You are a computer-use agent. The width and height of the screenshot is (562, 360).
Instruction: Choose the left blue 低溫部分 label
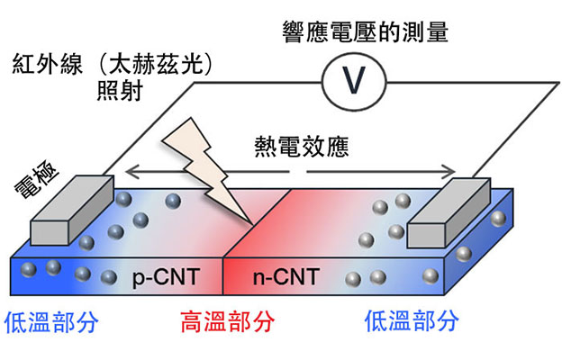point(52,321)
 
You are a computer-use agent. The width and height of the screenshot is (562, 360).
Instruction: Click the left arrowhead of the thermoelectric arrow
point(129,168)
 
